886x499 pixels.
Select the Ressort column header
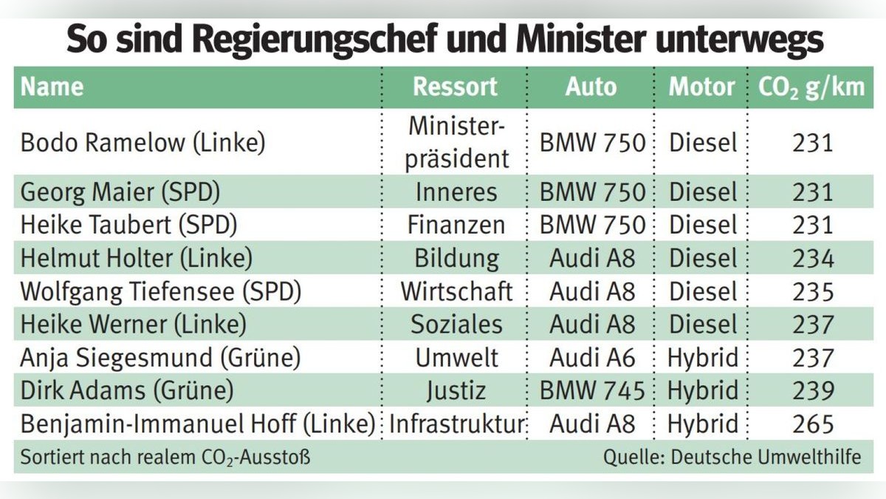(455, 87)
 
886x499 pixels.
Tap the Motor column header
(701, 87)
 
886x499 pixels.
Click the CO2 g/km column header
(811, 87)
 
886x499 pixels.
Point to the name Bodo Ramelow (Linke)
(142, 143)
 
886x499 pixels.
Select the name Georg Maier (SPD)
(120, 192)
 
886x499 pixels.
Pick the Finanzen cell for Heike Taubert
(456, 225)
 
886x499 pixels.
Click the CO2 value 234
(813, 259)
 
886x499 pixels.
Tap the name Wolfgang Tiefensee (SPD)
(161, 291)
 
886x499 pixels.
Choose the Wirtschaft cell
(456, 291)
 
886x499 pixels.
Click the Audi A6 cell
(592, 358)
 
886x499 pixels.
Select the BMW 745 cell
(593, 390)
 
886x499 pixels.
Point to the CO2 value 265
(813, 424)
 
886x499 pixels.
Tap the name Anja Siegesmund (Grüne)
(160, 358)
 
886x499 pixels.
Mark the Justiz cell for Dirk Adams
(456, 390)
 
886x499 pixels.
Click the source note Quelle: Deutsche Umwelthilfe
(732, 457)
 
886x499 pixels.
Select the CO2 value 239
(813, 390)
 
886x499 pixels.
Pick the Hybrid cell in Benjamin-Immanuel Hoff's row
(702, 424)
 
